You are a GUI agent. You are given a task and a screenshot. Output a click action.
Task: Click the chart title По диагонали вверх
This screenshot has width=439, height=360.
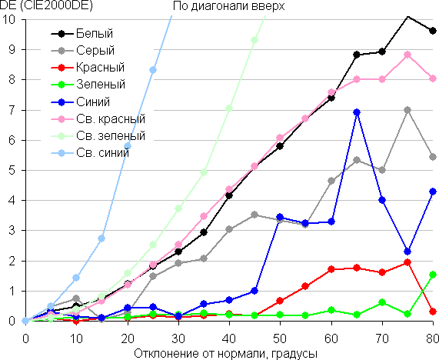point(229,6)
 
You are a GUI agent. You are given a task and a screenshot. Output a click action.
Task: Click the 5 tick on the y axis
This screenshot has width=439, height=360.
point(12,170)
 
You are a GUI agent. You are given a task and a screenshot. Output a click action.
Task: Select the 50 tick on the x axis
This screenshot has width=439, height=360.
point(280,338)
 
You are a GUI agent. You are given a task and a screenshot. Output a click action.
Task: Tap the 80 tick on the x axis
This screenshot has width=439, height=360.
point(432,338)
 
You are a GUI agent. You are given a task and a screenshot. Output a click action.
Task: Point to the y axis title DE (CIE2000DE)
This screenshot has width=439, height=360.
point(46,6)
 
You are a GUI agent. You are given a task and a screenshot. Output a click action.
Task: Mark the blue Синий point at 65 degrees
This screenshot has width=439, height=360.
point(357,112)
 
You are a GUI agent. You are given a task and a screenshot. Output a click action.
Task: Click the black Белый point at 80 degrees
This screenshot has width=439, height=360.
point(433,31)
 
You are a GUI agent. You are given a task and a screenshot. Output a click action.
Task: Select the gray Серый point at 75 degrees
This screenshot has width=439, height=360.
point(407,110)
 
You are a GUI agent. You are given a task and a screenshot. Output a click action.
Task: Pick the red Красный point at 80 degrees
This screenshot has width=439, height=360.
point(433,312)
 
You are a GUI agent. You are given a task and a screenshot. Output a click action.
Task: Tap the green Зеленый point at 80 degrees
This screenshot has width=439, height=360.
point(433,275)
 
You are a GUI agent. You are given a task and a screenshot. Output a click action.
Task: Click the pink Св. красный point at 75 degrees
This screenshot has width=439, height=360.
point(407,55)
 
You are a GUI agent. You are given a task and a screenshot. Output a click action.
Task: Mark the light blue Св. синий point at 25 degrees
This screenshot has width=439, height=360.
point(153,70)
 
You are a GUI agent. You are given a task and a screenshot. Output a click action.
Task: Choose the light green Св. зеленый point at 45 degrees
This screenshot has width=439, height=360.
point(254,40)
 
